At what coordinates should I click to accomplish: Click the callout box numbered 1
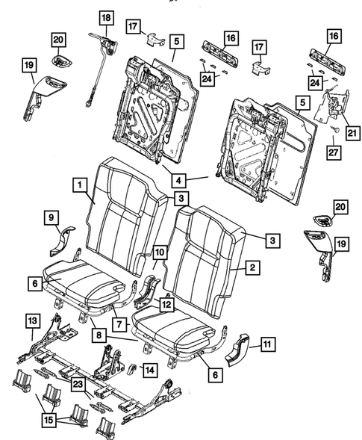(x=78, y=182)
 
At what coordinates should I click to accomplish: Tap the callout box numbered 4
(x=179, y=180)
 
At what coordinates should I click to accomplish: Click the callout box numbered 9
(x=52, y=217)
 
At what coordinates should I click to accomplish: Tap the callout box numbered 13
(x=31, y=320)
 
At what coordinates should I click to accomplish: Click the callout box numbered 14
(x=150, y=369)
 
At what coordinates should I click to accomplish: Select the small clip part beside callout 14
(x=132, y=368)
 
